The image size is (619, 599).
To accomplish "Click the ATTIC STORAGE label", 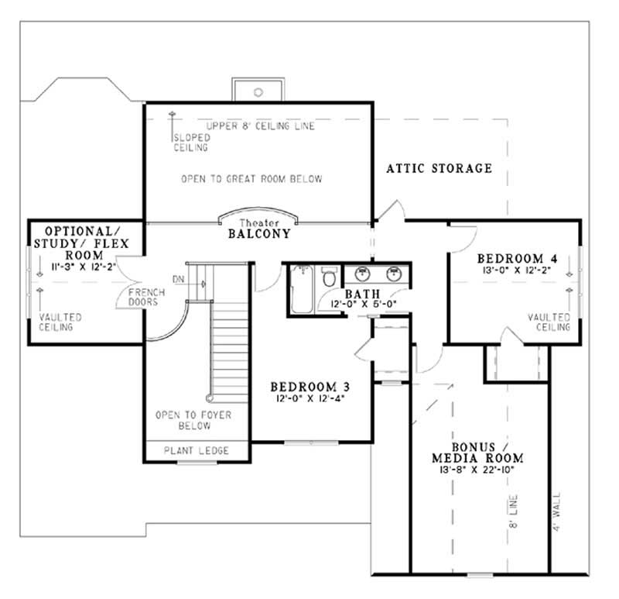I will click(439, 168).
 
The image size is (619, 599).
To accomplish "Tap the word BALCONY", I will click(259, 232).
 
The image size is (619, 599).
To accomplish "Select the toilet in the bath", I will click(329, 277).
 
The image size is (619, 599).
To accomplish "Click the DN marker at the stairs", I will click(179, 279).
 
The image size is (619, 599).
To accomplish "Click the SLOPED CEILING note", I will click(190, 143).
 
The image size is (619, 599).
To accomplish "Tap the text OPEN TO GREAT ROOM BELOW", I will click(251, 179).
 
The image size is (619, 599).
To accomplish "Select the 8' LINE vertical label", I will click(515, 511).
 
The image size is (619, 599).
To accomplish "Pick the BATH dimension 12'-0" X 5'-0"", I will click(363, 305).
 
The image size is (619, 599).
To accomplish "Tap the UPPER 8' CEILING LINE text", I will click(260, 126).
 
